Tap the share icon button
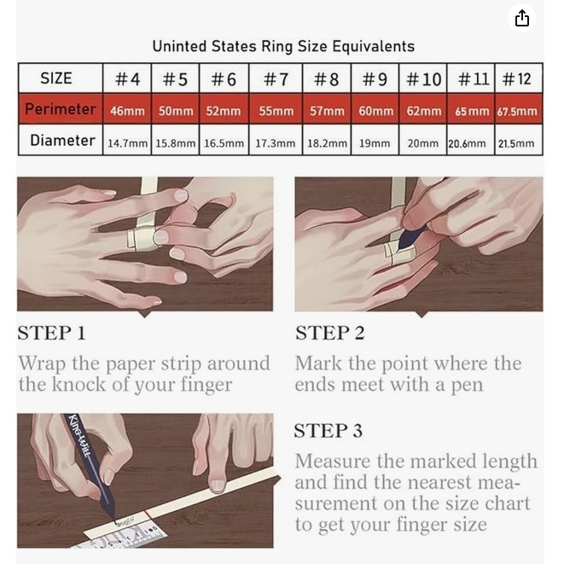(x=521, y=18)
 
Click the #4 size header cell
(x=127, y=78)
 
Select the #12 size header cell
(x=519, y=78)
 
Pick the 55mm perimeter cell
(x=276, y=109)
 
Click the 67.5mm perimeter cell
(x=519, y=109)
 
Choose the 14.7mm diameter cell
(x=127, y=140)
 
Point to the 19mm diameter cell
(x=375, y=140)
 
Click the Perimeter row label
(x=61, y=109)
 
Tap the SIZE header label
(x=56, y=78)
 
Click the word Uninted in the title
(x=179, y=46)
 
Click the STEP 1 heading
(x=52, y=333)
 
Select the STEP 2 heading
(x=330, y=333)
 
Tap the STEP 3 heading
(x=328, y=431)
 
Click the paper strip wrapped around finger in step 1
(x=143, y=238)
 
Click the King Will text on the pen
(x=78, y=435)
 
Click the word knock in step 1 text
(x=79, y=384)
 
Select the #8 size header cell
(x=327, y=78)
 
